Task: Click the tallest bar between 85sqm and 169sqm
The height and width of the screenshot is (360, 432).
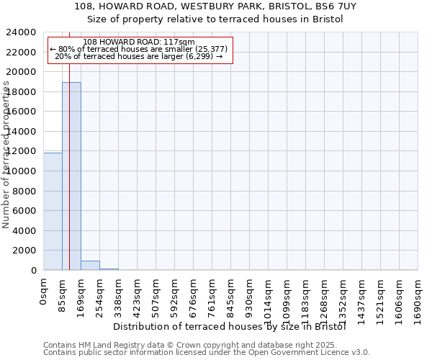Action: pyautogui.click(x=71, y=176)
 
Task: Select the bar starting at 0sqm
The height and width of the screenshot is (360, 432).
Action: pyautogui.click(x=53, y=212)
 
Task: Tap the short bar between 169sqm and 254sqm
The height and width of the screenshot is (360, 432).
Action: pyautogui.click(x=90, y=265)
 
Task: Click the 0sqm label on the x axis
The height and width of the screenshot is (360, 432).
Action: pyautogui.click(x=44, y=292)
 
